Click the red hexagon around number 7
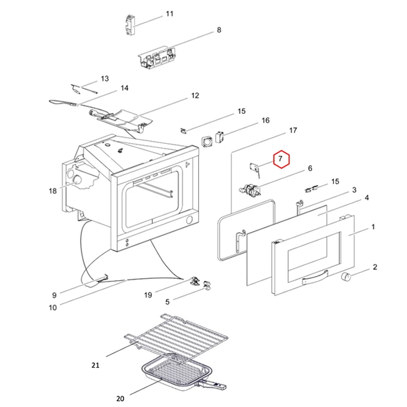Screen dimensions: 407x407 pyautogui.click(x=280, y=160)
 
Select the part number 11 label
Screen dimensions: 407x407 pyautogui.click(x=170, y=14)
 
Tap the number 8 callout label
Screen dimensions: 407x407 pyautogui.click(x=218, y=30)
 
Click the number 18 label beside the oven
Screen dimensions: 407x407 pyautogui.click(x=53, y=191)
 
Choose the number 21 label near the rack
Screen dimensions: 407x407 pyautogui.click(x=96, y=366)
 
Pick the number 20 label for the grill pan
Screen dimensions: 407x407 pyautogui.click(x=121, y=398)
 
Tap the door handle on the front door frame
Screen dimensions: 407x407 pyautogui.click(x=313, y=277)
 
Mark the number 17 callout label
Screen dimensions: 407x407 pyautogui.click(x=293, y=130)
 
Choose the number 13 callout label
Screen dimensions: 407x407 pyautogui.click(x=105, y=79)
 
